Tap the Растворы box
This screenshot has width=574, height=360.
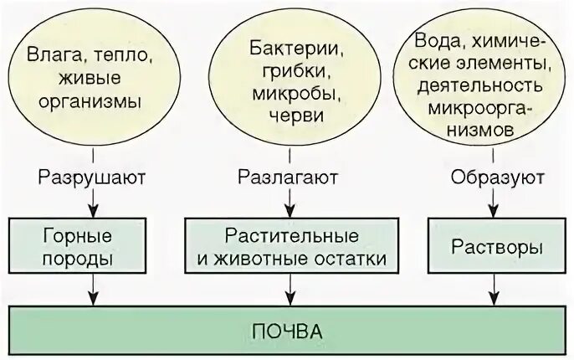pos(496,247)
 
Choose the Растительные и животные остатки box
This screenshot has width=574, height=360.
pos(292,247)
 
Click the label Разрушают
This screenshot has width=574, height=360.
pos(92,177)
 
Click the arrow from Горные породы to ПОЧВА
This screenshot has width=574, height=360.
pos(92,290)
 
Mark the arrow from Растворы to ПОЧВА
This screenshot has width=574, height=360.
pos(495,290)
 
